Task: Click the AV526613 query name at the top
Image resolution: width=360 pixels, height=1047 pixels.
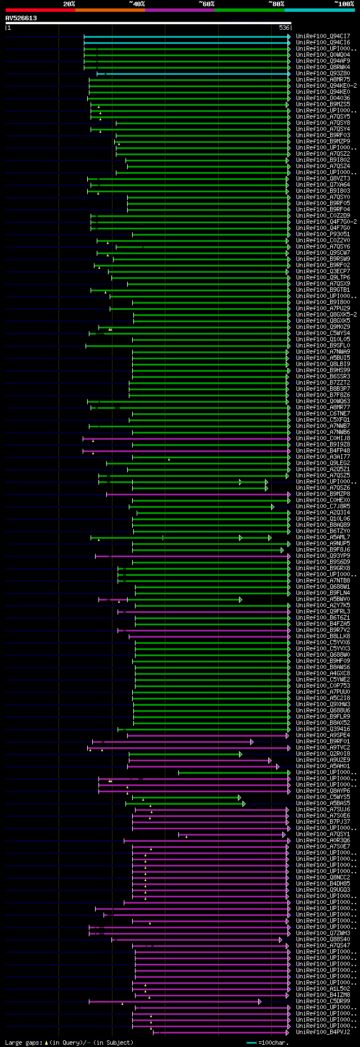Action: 21,18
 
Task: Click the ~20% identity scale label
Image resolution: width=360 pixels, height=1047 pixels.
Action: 69,3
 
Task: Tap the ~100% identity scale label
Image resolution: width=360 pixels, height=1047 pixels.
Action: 344,3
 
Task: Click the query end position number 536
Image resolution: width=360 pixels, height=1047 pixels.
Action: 284,28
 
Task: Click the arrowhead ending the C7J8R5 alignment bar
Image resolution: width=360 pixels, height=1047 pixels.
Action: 273,507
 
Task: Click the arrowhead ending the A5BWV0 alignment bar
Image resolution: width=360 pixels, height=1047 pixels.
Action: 241,599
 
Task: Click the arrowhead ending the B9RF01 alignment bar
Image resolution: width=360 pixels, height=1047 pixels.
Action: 252,742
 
